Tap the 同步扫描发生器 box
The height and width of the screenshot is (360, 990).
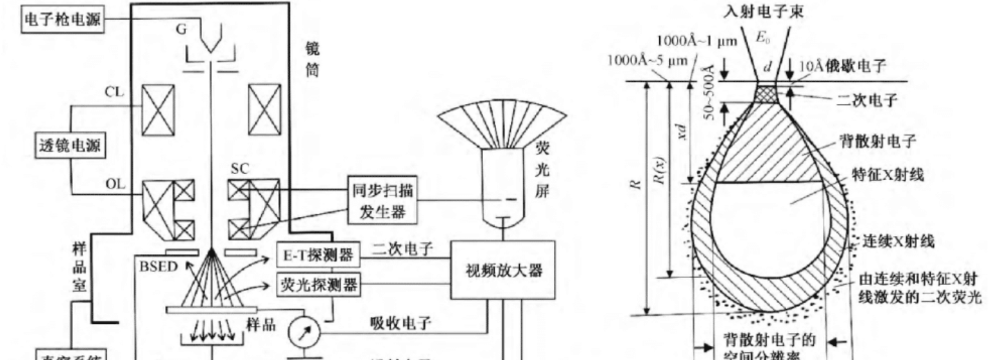click(380, 201)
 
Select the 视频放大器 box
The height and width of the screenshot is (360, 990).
click(503, 270)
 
